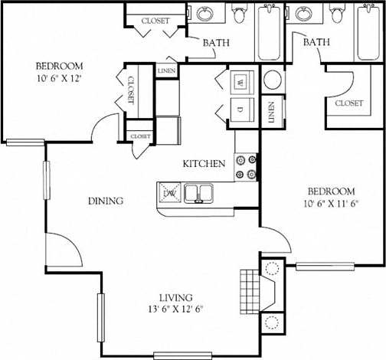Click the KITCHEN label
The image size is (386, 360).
pyautogui.click(x=203, y=164)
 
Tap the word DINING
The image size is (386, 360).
pyautogui.click(x=106, y=201)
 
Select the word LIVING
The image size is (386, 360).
pyautogui.click(x=176, y=297)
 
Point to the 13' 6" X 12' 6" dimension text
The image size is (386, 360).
pyautogui.click(x=176, y=309)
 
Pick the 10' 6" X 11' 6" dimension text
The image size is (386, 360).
pyautogui.click(x=331, y=204)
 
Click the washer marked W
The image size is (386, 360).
pyautogui.click(x=238, y=81)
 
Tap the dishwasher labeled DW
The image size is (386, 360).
pyautogui.click(x=170, y=193)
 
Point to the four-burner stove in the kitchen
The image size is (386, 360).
pyautogui.click(x=245, y=167)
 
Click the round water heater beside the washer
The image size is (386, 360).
pyautogui.click(x=273, y=80)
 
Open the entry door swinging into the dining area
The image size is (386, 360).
pyautogui.click(x=61, y=249)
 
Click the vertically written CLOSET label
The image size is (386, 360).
pyautogui.click(x=130, y=90)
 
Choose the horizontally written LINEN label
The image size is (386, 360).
pyautogui.click(x=166, y=71)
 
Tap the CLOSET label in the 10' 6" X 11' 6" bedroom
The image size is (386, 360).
pyautogui.click(x=348, y=103)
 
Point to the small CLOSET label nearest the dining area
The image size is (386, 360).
pyautogui.click(x=140, y=136)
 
